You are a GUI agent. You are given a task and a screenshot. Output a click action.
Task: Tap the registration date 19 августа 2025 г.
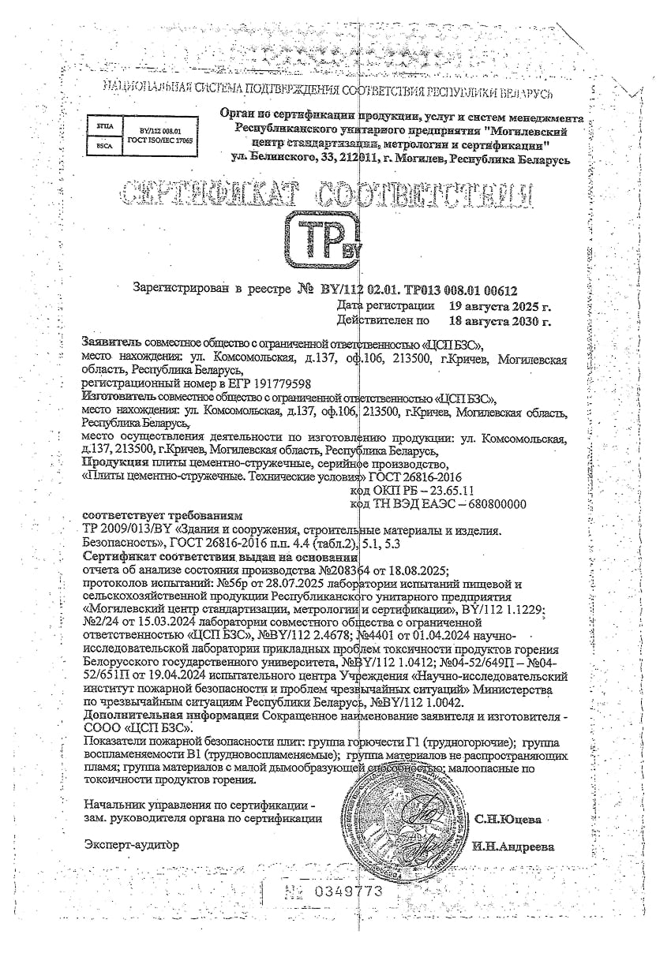point(499,305)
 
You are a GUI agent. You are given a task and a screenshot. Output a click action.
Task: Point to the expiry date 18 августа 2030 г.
point(499,321)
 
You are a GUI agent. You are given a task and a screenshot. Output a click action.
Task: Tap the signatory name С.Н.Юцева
point(508,818)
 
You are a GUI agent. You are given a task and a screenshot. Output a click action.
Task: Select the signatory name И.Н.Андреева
point(513,846)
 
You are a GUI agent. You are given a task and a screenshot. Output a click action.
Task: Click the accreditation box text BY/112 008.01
point(160,130)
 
